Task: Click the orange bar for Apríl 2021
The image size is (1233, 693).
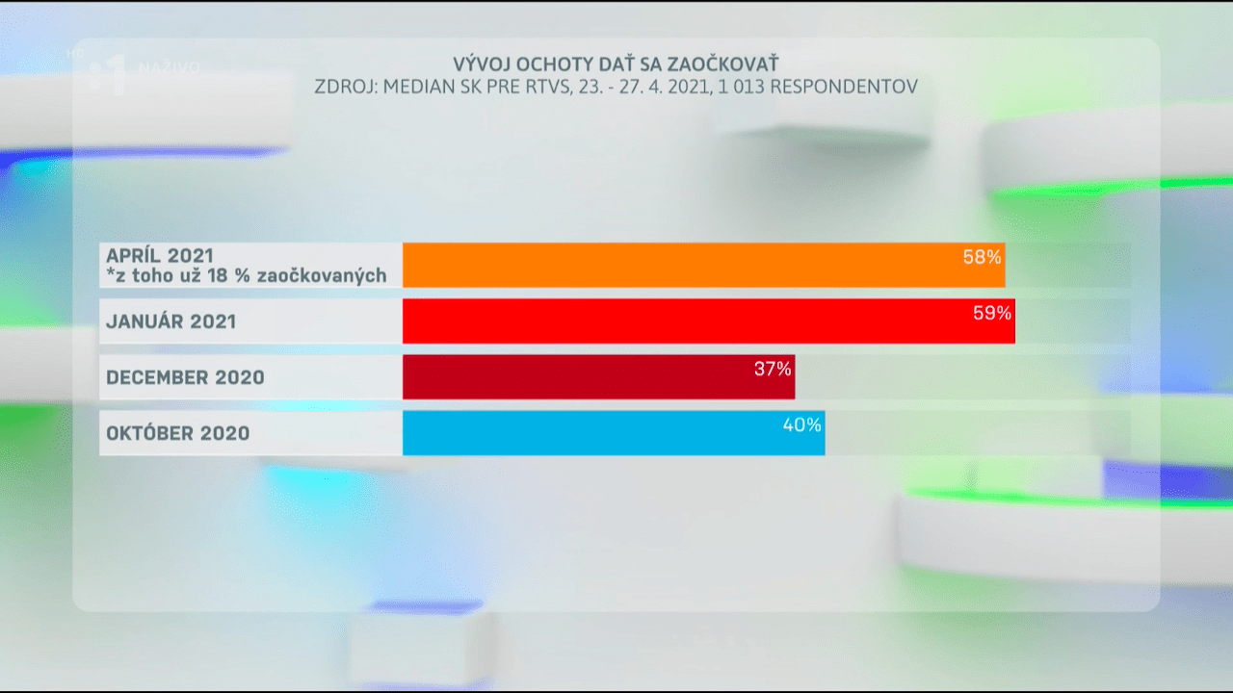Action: pyautogui.click(x=703, y=266)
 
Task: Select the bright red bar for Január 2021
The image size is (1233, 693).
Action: pyautogui.click(x=708, y=321)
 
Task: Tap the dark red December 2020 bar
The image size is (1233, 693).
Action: pyautogui.click(x=597, y=377)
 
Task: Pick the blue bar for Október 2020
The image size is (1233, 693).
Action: pyautogui.click(x=613, y=433)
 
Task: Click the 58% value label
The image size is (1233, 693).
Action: pyautogui.click(x=983, y=257)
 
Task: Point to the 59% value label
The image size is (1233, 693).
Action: pyautogui.click(x=992, y=313)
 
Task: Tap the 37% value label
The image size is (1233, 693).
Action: pyautogui.click(x=773, y=369)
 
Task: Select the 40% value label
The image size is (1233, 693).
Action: pyautogui.click(x=801, y=424)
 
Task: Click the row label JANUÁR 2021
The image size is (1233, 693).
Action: pyautogui.click(x=171, y=321)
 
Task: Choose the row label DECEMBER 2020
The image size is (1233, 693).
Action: pyautogui.click(x=185, y=377)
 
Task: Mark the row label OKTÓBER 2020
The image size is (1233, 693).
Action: pyautogui.click(x=177, y=433)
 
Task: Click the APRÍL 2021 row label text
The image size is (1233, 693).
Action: pyautogui.click(x=160, y=255)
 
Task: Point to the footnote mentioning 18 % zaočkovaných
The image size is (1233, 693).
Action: pyautogui.click(x=247, y=276)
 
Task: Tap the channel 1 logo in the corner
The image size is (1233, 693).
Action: pyautogui.click(x=108, y=75)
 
